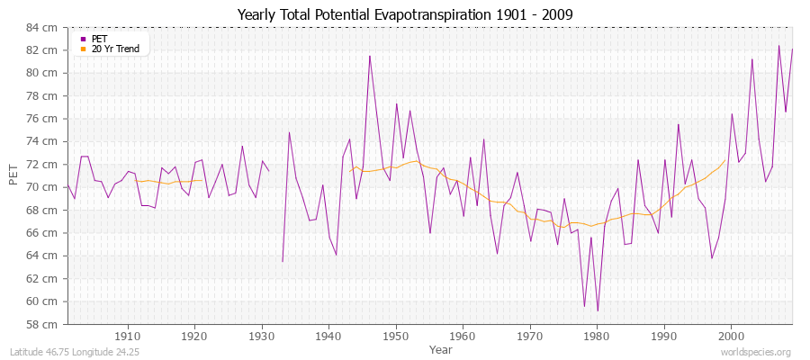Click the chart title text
point(404,14)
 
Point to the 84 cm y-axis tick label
point(42,27)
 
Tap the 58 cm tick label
point(42,324)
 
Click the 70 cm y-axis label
point(42,187)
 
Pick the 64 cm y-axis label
point(42,256)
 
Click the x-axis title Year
point(441,348)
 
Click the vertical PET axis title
point(13,175)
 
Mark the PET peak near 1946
point(369,56)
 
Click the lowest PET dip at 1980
point(598,310)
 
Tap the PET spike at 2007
point(778,46)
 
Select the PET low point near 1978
point(584,306)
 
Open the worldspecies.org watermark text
point(758,352)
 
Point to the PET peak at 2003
point(751,59)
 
